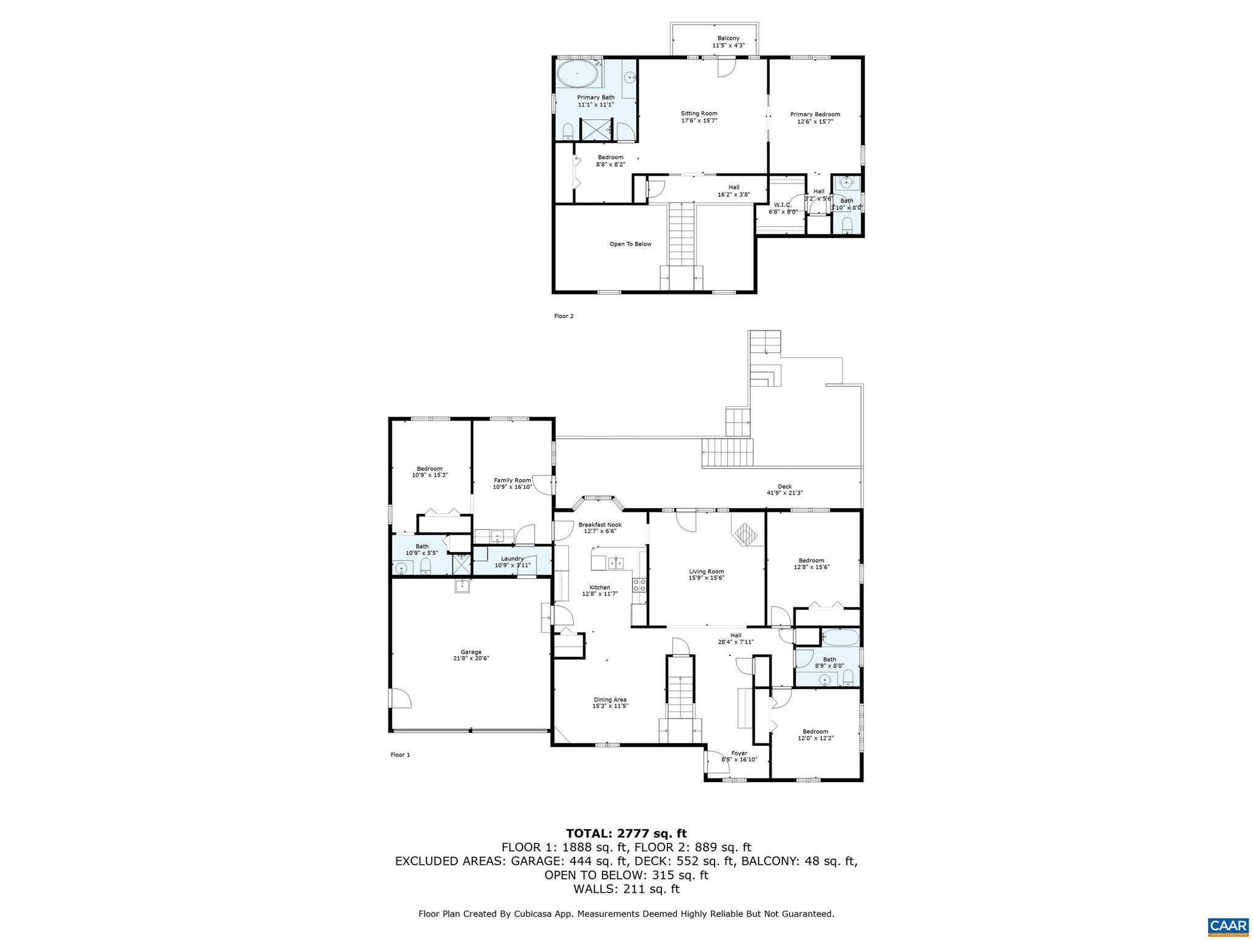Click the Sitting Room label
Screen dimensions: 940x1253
(699, 114)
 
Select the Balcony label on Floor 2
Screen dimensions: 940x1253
(728, 39)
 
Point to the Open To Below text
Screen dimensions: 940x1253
(630, 244)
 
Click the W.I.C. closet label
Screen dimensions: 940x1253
(783, 205)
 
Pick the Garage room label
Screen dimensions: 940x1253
(470, 652)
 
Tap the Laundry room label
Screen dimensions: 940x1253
(512, 558)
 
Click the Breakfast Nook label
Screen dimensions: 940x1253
(600, 524)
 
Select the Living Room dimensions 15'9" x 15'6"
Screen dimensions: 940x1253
(706, 578)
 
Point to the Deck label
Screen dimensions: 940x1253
(784, 487)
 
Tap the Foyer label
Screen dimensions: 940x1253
(739, 753)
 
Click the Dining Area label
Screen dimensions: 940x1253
(610, 699)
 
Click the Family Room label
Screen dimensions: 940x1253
(512, 480)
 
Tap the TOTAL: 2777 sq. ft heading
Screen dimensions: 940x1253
(626, 833)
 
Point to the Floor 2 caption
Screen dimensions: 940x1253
(563, 316)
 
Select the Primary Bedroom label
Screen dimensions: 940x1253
(815, 114)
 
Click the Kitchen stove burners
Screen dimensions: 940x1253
(639, 584)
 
